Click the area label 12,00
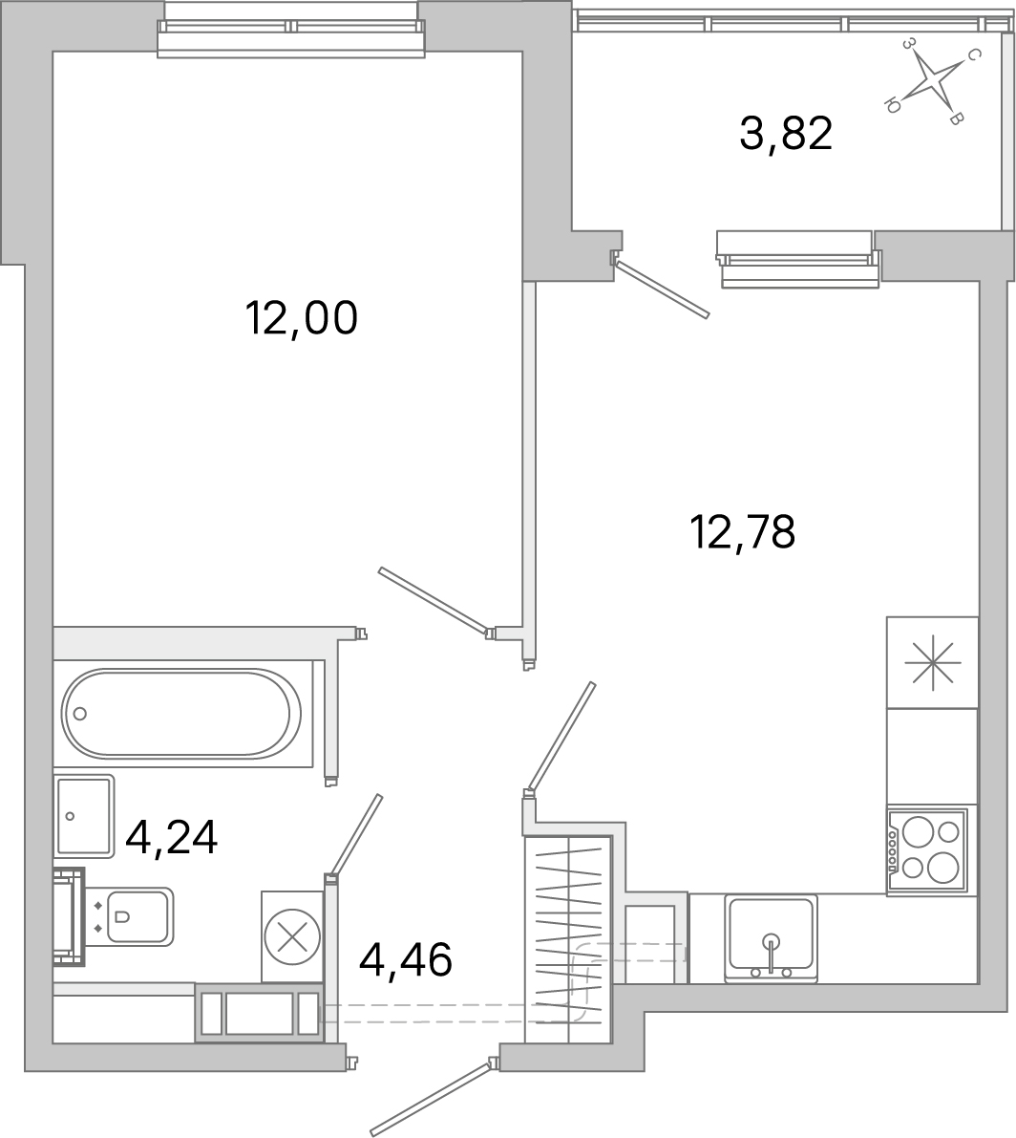tap(301, 318)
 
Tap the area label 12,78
tap(742, 532)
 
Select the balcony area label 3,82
tap(786, 134)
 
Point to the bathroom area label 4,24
tap(172, 839)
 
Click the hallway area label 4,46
tap(405, 958)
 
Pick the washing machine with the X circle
tap(292, 936)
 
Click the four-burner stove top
tap(927, 850)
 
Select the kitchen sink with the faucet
tap(771, 938)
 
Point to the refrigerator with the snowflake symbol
tap(932, 662)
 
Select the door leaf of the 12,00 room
tap(434, 601)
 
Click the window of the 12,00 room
tap(291, 39)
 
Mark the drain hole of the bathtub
tap(80, 713)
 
